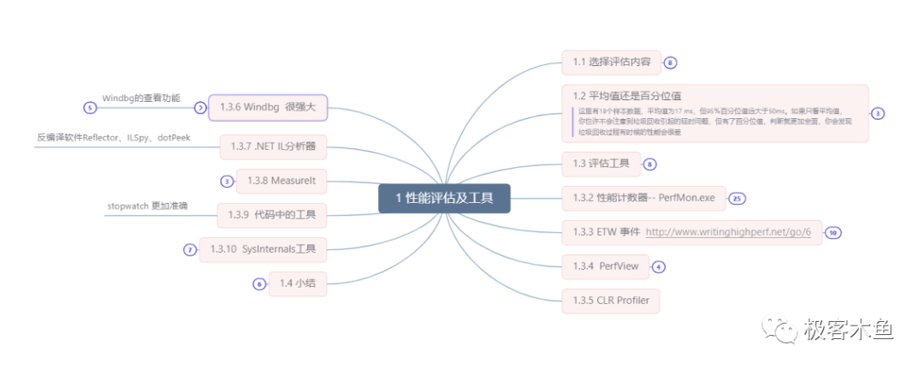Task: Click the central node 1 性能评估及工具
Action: click(x=444, y=199)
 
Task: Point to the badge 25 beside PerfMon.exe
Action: click(x=737, y=198)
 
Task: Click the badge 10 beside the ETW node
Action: click(x=832, y=232)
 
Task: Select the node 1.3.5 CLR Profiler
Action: click(x=611, y=300)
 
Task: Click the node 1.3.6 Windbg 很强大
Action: click(x=268, y=108)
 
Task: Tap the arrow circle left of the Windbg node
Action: click(x=200, y=108)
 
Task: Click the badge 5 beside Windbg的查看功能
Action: click(x=89, y=108)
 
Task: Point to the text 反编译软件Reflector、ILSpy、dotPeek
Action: click(x=113, y=137)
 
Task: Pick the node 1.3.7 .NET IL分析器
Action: click(x=273, y=146)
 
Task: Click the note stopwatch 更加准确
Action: click(x=147, y=206)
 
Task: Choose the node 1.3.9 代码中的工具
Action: click(x=272, y=214)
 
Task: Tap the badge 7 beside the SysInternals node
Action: click(x=190, y=250)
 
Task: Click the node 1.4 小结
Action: click(x=299, y=283)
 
